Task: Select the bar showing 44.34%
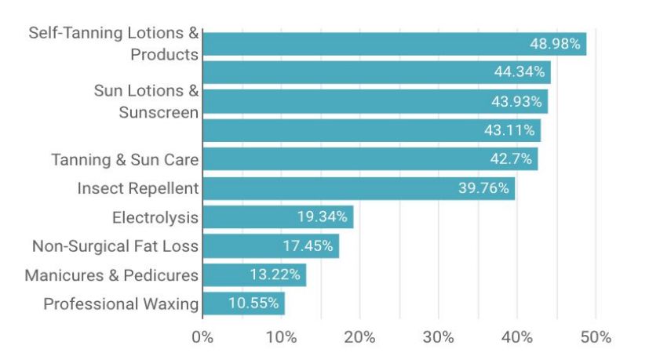tap(377, 73)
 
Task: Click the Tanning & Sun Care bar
tap(370, 159)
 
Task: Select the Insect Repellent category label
tap(137, 188)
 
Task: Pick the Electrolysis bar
tap(278, 216)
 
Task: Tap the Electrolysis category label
tap(155, 217)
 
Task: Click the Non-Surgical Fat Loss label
tap(115, 246)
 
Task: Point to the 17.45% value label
tap(308, 246)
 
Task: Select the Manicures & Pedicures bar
tap(254, 275)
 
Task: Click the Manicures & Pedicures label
tap(111, 275)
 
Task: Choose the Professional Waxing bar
tap(243, 304)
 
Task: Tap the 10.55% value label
tap(253, 304)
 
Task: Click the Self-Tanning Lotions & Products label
tap(113, 44)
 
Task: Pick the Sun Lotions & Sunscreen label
tap(146, 101)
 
